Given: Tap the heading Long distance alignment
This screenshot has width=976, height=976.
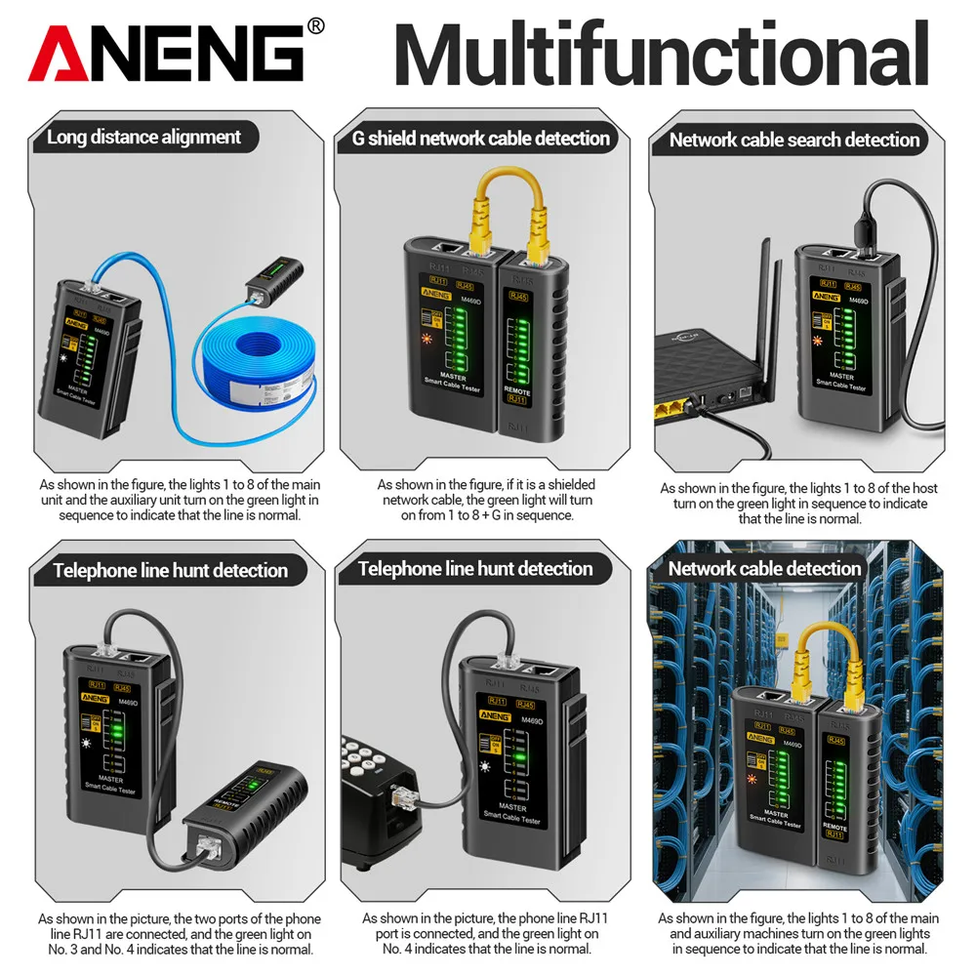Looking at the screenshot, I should (x=143, y=137).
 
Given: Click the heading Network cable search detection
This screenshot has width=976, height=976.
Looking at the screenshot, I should (x=793, y=140).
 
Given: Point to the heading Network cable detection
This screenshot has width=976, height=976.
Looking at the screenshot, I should (x=764, y=568).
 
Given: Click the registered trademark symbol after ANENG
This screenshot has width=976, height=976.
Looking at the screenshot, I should (x=315, y=27).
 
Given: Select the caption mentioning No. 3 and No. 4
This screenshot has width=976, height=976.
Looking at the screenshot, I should (x=180, y=934).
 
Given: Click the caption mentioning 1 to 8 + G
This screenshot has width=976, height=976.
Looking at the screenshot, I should (x=486, y=500).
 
